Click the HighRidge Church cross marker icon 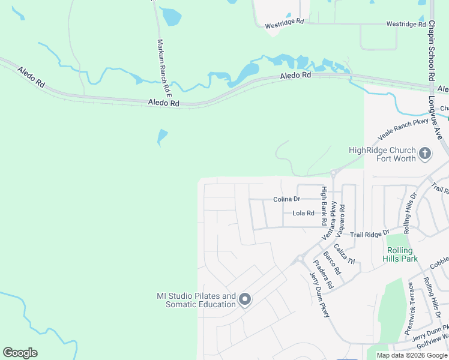pyautogui.click(x=424, y=154)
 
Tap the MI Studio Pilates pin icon pyautogui.click(x=244, y=299)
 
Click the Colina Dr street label pyautogui.click(x=286, y=199)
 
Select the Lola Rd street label pyautogui.click(x=303, y=213)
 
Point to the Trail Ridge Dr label pyautogui.click(x=370, y=233)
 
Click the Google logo pyautogui.click(x=20, y=353)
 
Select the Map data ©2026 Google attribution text pyautogui.click(x=412, y=355)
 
